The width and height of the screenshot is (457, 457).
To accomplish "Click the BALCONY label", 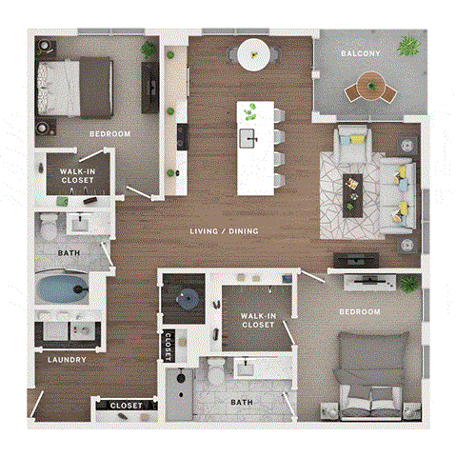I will [x=361, y=54].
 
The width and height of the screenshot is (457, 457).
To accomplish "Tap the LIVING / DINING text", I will [x=225, y=231].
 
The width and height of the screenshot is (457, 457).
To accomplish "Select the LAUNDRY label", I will [x=68, y=360].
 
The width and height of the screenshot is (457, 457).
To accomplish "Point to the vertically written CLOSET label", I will [x=169, y=346].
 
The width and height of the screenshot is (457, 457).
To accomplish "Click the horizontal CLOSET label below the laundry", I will [x=126, y=406].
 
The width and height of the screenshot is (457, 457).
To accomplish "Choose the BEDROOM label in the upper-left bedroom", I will [x=109, y=133].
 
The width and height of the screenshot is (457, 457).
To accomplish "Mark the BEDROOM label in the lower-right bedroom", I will [x=360, y=311].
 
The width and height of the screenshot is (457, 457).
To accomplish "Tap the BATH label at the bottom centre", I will [x=243, y=402].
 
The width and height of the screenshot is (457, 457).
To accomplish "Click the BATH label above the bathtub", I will [x=68, y=253].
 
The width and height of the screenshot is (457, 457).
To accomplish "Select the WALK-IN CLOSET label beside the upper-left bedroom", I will [x=75, y=175].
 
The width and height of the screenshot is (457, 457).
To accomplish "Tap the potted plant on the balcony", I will [x=410, y=45].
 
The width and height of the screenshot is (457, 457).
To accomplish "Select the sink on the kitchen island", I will [x=250, y=138].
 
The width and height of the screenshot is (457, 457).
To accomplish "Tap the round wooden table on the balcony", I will [x=368, y=89].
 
